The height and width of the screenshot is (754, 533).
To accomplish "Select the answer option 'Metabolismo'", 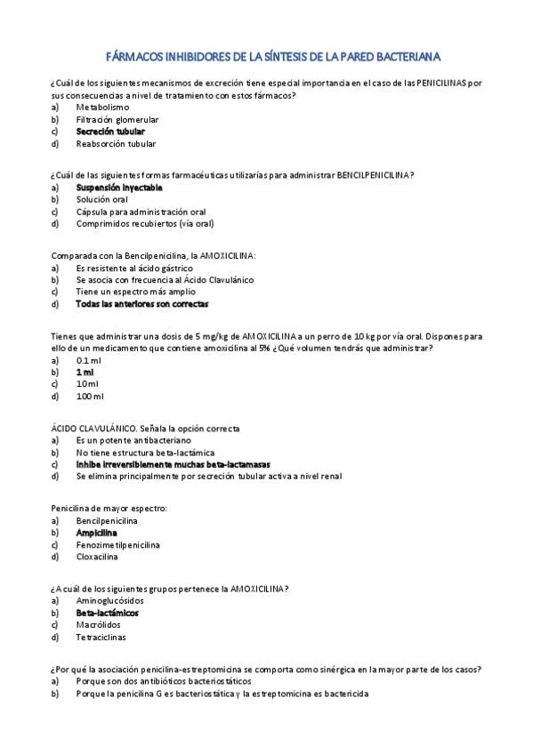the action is point(102,107).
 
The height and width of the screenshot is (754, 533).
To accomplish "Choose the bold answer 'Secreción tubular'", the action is point(109,131).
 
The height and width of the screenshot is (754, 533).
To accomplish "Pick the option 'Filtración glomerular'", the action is point(117,119).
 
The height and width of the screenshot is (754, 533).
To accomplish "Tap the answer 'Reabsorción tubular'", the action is point(116,143).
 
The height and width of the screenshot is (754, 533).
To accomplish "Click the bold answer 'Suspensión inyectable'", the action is point(119,188).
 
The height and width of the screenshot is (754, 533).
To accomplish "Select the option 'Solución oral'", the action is point(102,200).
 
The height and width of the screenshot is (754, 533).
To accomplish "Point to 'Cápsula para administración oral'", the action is point(141,213).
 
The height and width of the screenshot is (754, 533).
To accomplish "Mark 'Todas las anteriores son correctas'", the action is point(141,304).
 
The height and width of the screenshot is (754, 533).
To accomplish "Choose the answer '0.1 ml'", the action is point(89,360).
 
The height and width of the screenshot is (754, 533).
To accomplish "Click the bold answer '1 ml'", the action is point(85,373).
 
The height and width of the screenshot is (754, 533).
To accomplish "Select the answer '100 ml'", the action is point(90,397).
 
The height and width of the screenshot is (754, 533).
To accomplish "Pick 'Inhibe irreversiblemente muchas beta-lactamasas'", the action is point(173,464).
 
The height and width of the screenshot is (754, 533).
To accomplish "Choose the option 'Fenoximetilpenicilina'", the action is point(117,545).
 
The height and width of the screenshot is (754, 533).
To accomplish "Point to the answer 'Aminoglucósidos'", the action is point(110,601).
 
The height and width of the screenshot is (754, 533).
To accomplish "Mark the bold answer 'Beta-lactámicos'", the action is point(107,613).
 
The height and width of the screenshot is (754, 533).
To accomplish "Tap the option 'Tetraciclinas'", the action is point(101,638).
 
